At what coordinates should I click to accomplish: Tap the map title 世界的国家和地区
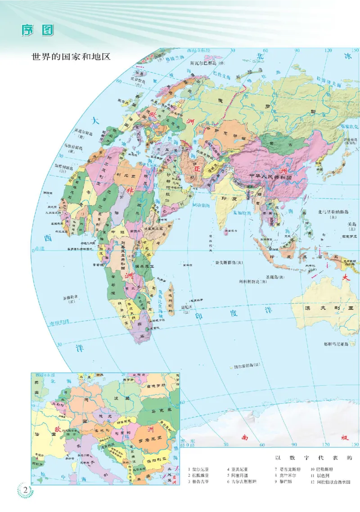tap(71, 57)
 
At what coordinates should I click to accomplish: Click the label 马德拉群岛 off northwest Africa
tap(74, 147)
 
